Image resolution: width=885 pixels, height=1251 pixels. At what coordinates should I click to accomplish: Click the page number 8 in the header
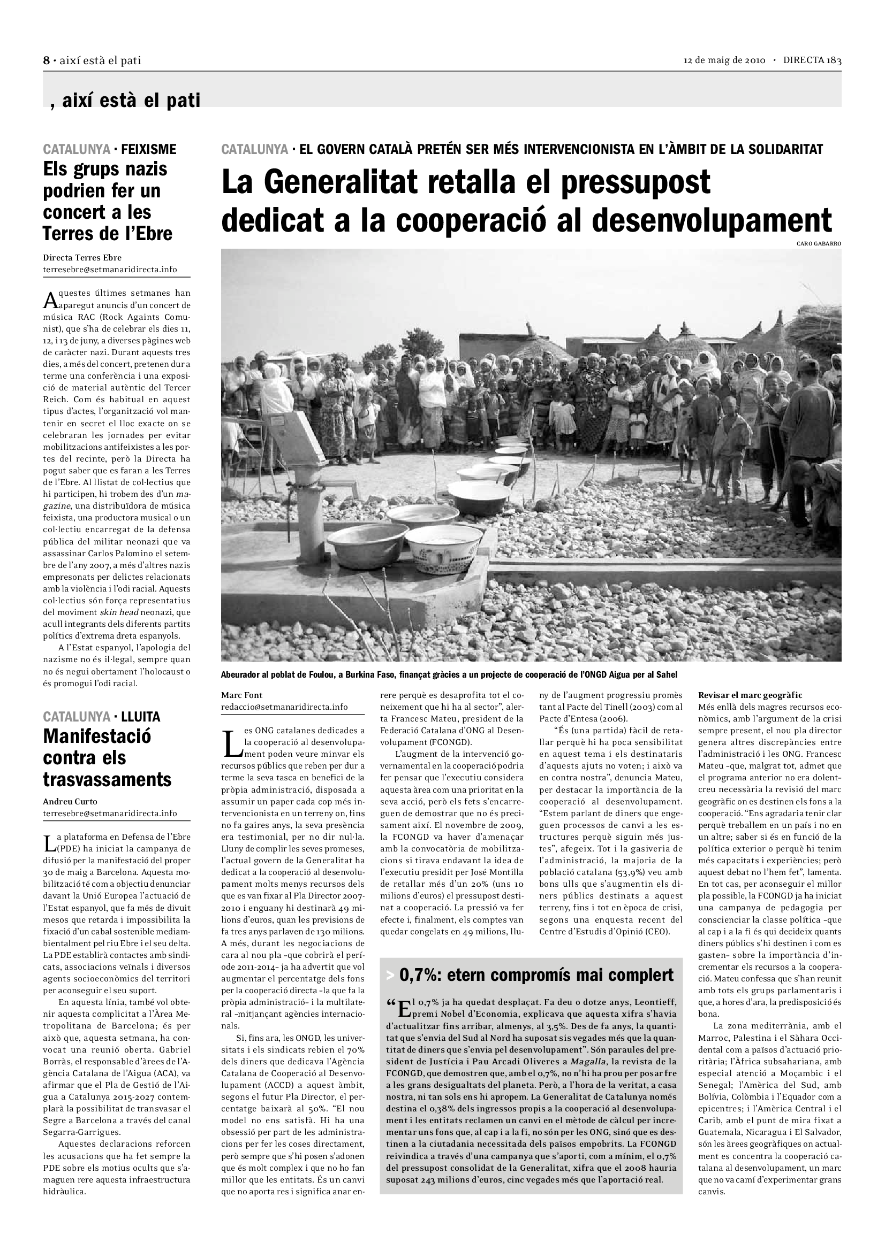(47, 60)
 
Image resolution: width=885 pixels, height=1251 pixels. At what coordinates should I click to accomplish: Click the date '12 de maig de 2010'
(725, 60)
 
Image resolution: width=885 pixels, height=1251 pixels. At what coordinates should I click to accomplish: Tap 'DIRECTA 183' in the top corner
(812, 60)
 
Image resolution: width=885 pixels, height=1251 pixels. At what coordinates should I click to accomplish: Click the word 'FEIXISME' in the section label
(148, 149)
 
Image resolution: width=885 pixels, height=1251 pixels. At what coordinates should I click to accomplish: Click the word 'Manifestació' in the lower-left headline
(97, 736)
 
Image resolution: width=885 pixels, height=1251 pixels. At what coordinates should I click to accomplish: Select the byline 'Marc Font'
(241, 695)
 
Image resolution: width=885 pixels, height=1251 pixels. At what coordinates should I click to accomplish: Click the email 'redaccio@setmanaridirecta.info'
(284, 707)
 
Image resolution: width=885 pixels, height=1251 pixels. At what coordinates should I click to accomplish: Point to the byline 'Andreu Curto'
(70, 802)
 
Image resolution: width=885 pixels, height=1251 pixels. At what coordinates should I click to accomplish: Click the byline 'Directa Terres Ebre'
(82, 258)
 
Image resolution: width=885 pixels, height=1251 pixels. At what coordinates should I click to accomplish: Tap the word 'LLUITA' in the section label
(141, 717)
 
